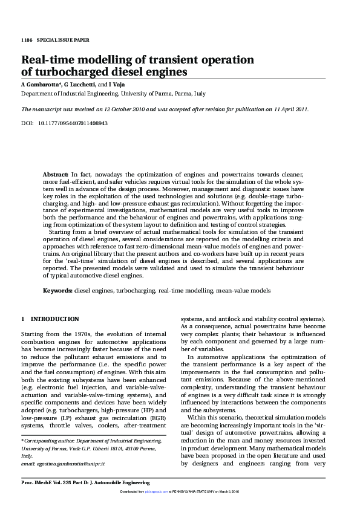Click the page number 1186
pos(27,40)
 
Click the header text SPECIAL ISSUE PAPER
pos(63,40)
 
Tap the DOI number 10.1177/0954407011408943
pos(73,123)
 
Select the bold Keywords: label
pos(57,291)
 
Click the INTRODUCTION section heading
pos(54,319)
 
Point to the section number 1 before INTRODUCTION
pos(23,319)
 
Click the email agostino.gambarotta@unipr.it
pos(71,463)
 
